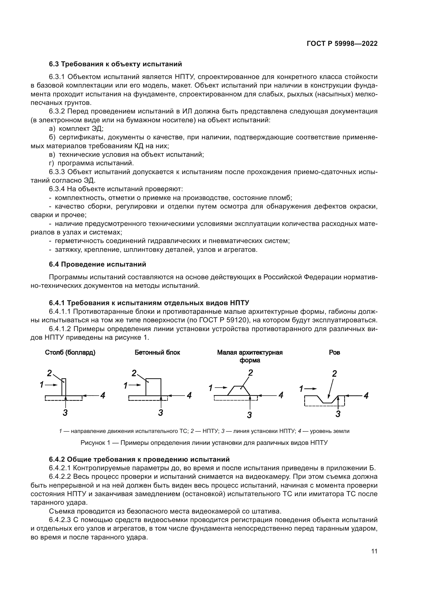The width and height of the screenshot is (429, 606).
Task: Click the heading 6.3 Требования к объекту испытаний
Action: (115, 64)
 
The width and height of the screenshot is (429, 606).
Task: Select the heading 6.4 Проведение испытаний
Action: (98, 264)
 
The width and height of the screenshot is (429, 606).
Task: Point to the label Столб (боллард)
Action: (70, 353)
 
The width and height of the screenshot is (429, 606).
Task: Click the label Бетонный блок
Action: (157, 353)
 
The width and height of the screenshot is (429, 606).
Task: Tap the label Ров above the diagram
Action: (334, 353)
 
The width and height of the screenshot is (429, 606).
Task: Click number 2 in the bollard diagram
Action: (49, 373)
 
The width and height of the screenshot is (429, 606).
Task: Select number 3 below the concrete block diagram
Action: (160, 412)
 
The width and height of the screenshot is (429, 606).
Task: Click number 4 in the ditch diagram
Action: (366, 396)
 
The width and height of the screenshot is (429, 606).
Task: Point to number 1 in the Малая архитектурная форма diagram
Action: (211, 388)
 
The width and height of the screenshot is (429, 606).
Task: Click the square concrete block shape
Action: (153, 387)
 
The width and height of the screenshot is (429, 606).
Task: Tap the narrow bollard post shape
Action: (64, 387)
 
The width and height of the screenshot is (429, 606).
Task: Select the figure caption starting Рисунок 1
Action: (204, 443)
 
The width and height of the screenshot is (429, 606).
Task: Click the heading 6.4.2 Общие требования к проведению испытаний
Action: (139, 459)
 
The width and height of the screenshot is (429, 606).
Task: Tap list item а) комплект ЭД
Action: (76, 129)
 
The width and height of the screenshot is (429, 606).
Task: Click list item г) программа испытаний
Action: (91, 163)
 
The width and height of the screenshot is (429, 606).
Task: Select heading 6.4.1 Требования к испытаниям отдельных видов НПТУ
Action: (149, 303)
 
